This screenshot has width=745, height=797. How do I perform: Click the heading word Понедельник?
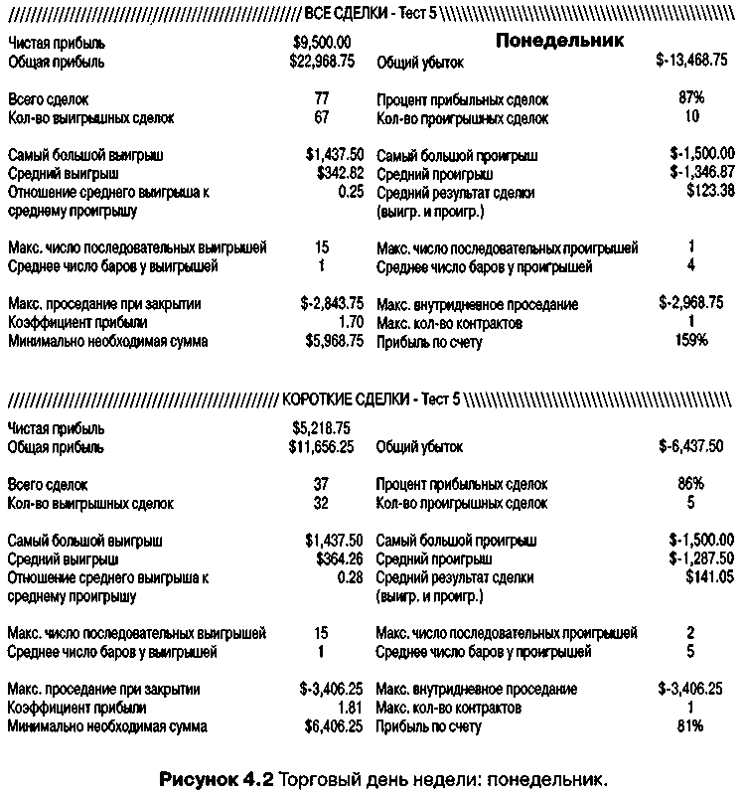point(559,41)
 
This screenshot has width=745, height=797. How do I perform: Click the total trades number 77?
point(321,99)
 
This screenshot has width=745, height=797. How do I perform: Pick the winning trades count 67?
point(321,118)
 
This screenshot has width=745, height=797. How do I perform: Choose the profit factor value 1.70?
point(351,323)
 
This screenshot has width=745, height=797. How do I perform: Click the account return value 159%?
point(691,341)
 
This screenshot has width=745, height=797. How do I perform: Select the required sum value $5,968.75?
point(335,341)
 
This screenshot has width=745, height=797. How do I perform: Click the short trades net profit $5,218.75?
point(322,428)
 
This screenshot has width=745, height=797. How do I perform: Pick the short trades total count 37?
point(321,484)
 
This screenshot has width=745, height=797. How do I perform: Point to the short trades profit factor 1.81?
point(351,708)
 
